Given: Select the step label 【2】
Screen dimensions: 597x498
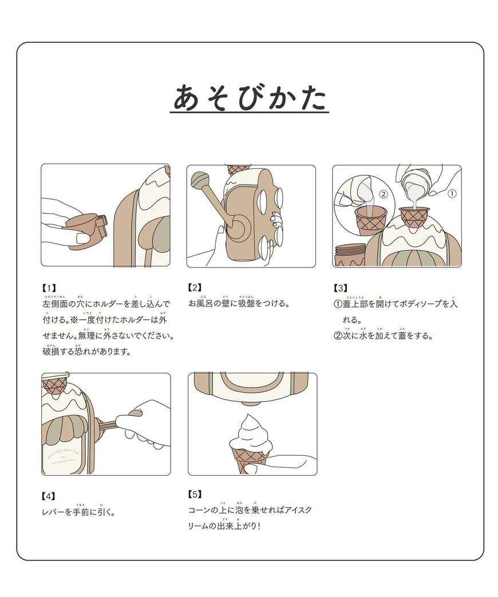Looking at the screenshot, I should coord(195,288).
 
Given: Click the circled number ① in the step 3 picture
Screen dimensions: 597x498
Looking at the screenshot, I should coord(451,194).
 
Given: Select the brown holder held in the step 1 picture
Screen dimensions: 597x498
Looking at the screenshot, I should coord(86,232).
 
